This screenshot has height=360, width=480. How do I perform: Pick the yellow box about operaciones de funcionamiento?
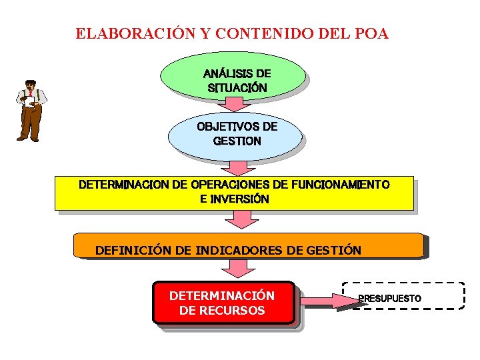(234, 192)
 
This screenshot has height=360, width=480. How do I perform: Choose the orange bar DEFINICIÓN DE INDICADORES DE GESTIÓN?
(248, 245)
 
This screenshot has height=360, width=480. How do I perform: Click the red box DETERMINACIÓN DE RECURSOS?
(223, 303)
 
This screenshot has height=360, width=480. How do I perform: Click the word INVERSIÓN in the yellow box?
(240, 199)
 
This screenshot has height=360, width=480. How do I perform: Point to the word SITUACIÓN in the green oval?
(237, 87)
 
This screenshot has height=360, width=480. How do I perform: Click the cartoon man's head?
(29, 85)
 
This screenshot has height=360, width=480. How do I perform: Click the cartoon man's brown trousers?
(29, 120)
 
